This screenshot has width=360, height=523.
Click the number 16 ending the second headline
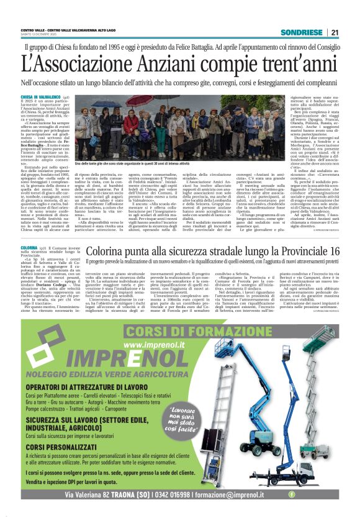coord(333,252)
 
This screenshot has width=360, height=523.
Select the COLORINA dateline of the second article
coord(29,247)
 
